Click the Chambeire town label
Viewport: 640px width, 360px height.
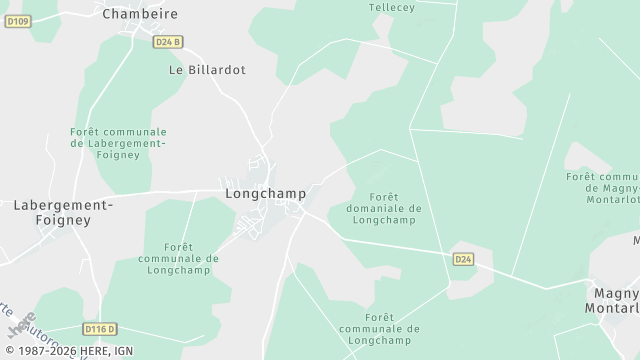point(140,13)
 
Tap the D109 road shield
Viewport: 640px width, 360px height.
point(17,21)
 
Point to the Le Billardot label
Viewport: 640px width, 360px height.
point(207,71)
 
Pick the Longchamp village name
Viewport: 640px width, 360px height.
point(265,192)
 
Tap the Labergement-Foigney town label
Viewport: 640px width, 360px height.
point(63,211)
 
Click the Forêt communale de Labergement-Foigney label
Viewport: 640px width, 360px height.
point(118,143)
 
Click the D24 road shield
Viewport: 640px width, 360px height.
point(462,259)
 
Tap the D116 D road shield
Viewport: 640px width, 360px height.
point(99,328)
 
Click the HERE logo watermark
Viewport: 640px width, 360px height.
point(20,328)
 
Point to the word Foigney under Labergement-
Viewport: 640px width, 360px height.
point(63,219)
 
